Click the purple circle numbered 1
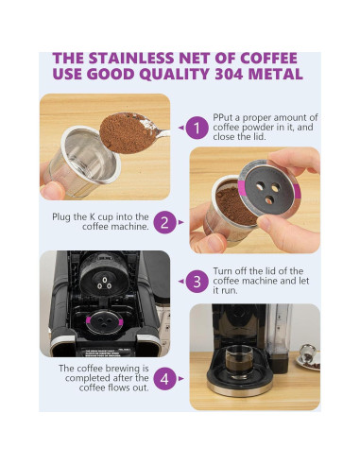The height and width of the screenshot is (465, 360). tap(196, 128)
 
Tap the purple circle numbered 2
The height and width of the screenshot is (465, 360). tap(164, 222)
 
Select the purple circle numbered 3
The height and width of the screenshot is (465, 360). tap(196, 281)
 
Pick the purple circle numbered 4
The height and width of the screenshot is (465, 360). tap(164, 379)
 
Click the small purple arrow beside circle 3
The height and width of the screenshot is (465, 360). tap(181, 281)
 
